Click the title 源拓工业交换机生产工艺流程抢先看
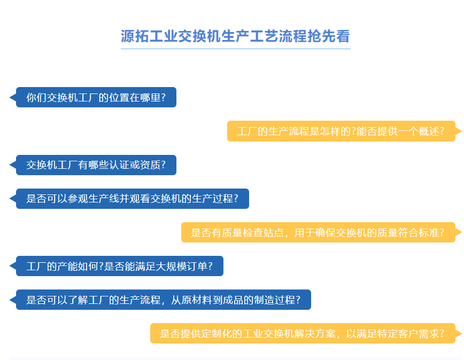235,36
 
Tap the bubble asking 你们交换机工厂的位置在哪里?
96,97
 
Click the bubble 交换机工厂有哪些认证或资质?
96,165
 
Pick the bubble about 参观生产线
132,199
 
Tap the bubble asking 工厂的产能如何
120,266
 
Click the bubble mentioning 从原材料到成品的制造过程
164,300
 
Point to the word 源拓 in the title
135,36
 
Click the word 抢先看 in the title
329,36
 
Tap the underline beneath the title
236,49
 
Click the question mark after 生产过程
236,199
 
